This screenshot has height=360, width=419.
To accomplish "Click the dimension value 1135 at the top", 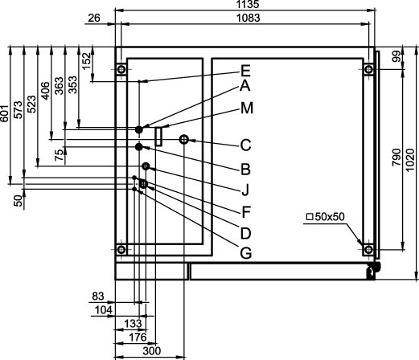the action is click(x=248, y=4).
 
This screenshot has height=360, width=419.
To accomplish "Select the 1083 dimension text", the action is click(x=249, y=18).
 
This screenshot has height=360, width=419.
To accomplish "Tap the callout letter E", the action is click(x=245, y=71).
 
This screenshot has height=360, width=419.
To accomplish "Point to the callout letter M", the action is click(x=247, y=108).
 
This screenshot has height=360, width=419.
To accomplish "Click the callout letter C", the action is click(x=245, y=145).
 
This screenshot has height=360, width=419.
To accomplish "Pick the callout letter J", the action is click(x=245, y=189).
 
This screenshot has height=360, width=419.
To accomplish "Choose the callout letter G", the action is click(x=246, y=253).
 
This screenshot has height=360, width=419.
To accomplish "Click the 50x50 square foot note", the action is click(x=325, y=217).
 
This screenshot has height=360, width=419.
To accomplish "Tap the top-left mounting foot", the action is click(x=121, y=70).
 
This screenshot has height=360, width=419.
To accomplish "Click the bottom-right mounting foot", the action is click(x=368, y=250).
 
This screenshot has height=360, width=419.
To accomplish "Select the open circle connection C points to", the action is click(x=184, y=139).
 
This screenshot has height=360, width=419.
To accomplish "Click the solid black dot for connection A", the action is click(x=138, y=129).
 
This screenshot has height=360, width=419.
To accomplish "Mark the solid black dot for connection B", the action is click(x=138, y=147).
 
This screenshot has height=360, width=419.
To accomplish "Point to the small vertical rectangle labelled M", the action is click(x=158, y=137).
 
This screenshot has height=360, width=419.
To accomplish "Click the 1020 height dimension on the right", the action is click(x=410, y=161).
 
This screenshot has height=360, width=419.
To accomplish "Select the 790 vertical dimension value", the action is click(x=396, y=157).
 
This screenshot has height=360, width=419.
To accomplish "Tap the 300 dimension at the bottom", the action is click(x=151, y=351).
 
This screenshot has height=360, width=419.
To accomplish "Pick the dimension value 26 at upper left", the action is click(x=94, y=18).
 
